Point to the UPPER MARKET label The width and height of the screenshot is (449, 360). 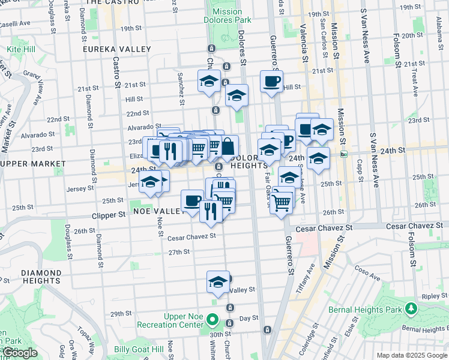33,163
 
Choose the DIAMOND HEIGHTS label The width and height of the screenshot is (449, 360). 41,276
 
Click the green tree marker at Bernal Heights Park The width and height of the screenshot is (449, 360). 411,308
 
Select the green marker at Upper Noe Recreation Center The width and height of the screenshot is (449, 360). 212,319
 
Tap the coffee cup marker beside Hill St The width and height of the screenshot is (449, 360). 271,80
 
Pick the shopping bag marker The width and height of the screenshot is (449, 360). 228,146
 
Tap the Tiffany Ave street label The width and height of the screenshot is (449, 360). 306,279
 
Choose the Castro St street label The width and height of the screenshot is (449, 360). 114,72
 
